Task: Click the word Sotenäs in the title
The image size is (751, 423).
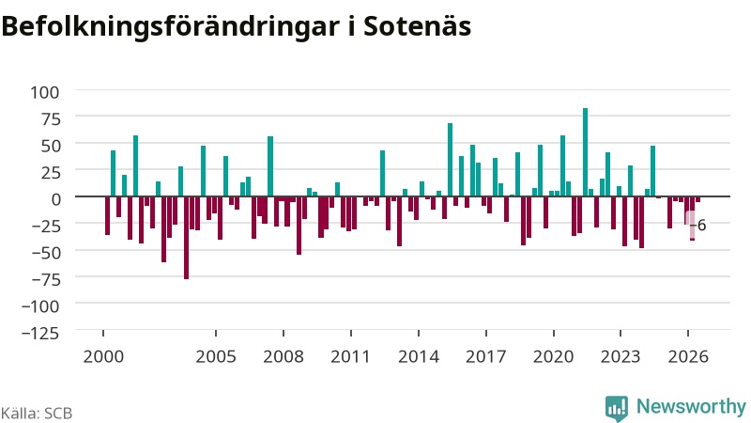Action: click(x=417, y=26)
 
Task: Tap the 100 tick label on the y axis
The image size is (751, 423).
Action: click(x=44, y=92)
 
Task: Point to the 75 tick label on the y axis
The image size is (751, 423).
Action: click(x=52, y=119)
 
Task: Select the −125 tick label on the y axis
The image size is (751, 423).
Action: click(x=40, y=333)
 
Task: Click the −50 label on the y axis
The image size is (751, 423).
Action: click(x=46, y=253)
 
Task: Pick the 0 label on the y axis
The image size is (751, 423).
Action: click(x=56, y=199)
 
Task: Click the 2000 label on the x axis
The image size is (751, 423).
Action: click(x=103, y=357)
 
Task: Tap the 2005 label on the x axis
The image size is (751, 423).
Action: click(x=216, y=357)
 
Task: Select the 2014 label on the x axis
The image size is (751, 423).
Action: click(x=419, y=357)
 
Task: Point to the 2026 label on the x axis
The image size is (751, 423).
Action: click(x=688, y=357)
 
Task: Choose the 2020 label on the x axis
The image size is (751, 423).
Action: click(x=554, y=357)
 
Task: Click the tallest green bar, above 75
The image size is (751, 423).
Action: click(x=585, y=152)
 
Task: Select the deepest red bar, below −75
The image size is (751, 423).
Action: click(x=186, y=238)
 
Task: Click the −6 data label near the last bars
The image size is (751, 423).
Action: click(x=698, y=225)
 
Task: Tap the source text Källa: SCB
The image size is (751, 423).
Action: click(x=37, y=414)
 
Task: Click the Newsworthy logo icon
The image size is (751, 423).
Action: click(x=617, y=408)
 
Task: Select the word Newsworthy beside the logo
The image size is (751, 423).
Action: click(x=691, y=407)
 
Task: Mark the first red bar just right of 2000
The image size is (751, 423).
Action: click(x=108, y=216)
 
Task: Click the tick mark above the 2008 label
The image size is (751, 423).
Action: click(x=284, y=334)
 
